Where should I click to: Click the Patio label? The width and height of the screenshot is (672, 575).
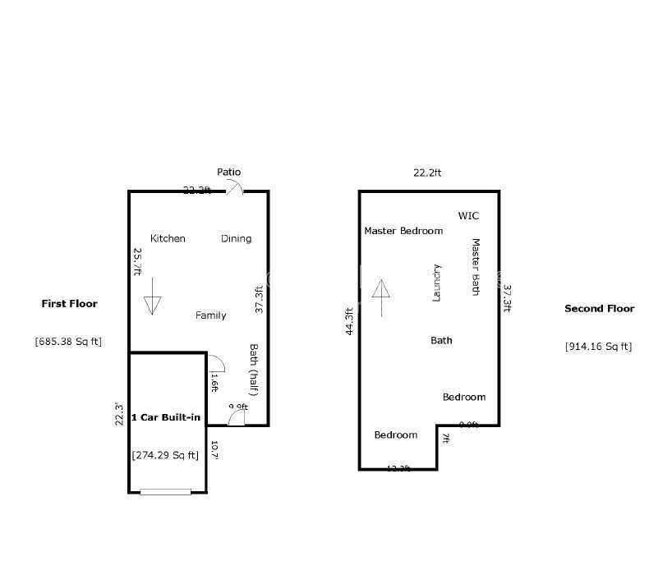[x=229, y=172]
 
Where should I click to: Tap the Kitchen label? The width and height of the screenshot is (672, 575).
[x=168, y=238]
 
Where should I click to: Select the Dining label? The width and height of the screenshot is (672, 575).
[x=236, y=238]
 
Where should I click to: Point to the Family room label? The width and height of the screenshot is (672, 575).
[x=210, y=315]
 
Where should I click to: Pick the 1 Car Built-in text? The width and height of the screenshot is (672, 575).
[x=166, y=417]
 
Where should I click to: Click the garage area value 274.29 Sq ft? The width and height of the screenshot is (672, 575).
[x=165, y=455]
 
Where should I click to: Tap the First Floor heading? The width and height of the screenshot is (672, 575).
[x=69, y=303]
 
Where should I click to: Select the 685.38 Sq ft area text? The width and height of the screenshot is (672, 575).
[x=68, y=341]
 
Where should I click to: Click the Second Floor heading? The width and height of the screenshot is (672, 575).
[x=599, y=309]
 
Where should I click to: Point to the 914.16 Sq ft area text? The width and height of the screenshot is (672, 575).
[x=599, y=346]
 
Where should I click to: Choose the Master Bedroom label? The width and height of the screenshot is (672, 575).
[x=403, y=231]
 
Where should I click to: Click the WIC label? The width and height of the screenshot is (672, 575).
[x=468, y=216]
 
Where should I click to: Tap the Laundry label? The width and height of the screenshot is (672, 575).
[x=437, y=283]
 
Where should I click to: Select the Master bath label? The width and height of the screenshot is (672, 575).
[x=475, y=267]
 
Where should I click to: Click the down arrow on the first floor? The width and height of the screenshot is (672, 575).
[x=153, y=296]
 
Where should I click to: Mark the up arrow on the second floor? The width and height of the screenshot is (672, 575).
[x=381, y=297]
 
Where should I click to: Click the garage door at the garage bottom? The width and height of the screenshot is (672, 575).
[x=165, y=492]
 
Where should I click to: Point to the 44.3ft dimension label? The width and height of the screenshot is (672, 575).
[x=350, y=320]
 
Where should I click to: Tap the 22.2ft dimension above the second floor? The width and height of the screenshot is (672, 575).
[x=427, y=172]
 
